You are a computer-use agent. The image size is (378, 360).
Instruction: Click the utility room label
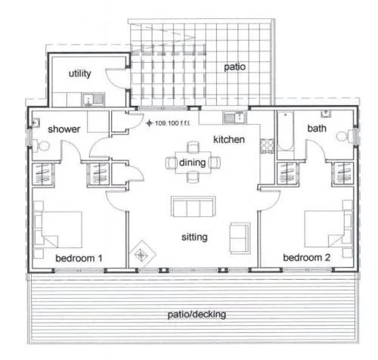pyautogui.click(x=80, y=73)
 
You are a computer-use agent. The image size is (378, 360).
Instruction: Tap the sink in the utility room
pyautogui.click(x=93, y=99)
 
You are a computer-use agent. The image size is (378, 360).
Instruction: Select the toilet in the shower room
pyautogui.click(x=42, y=146)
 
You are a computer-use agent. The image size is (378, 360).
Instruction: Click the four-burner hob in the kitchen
pyautogui.click(x=267, y=146)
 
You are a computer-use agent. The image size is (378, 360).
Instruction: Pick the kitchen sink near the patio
pyautogui.click(x=234, y=117)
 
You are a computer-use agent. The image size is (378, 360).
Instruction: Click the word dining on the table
pyautogui.click(x=192, y=163)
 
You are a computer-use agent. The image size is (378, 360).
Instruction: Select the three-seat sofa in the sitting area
pyautogui.click(x=194, y=206)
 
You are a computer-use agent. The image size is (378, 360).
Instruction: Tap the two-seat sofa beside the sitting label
pyautogui.click(x=240, y=238)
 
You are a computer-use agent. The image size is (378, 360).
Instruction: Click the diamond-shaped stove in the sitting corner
pyautogui.click(x=142, y=254)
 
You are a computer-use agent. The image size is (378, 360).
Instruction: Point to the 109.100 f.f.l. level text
pyautogui.click(x=172, y=123)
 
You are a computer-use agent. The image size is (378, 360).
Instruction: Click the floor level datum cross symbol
pyautogui.click(x=150, y=123)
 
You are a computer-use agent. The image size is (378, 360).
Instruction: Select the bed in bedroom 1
pyautogui.click(x=58, y=229)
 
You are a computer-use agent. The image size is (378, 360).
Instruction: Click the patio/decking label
pyautogui.click(x=197, y=315)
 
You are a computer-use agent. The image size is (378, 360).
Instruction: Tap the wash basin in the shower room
pyautogui.click(x=36, y=123)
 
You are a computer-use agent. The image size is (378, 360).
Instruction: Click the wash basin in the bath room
pyautogui.click(x=326, y=113)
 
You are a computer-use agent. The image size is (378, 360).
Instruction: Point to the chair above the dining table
pyautogui.click(x=194, y=147)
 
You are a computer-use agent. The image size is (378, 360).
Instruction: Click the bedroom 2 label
pyautogui.click(x=306, y=257)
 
